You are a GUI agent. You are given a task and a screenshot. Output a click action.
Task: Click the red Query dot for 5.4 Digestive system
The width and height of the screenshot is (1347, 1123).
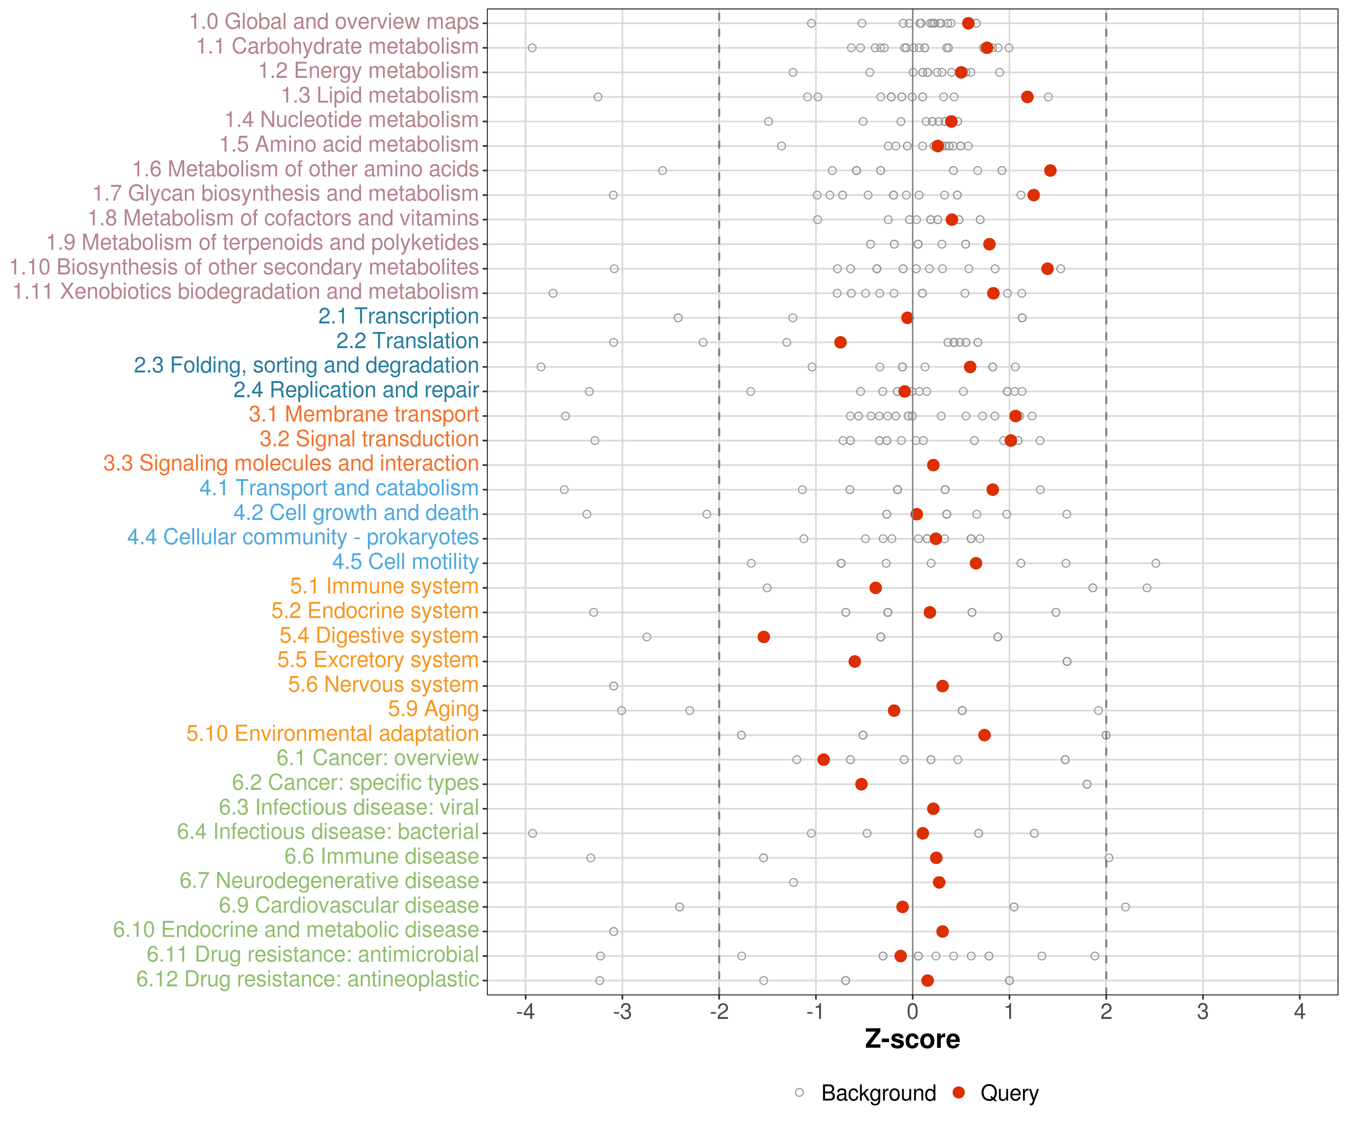(763, 637)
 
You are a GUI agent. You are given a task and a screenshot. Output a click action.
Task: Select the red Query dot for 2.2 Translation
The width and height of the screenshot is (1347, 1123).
(840, 342)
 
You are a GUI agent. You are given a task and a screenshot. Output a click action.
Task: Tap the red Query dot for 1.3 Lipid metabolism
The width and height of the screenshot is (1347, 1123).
(1027, 97)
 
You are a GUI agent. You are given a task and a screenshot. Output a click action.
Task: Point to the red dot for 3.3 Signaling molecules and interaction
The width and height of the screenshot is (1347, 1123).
(933, 465)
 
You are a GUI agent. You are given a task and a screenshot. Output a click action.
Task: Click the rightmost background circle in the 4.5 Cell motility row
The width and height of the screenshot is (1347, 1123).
(1155, 563)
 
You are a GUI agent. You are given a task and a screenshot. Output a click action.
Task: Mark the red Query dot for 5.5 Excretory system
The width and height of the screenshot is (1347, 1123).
(854, 661)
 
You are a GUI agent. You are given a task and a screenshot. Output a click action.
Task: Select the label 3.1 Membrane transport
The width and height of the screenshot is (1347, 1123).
(364, 414)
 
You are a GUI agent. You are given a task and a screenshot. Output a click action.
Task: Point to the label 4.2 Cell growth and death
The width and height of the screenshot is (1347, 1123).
(356, 513)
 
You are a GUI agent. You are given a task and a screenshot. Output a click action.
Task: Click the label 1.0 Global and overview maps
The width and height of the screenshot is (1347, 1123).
(333, 22)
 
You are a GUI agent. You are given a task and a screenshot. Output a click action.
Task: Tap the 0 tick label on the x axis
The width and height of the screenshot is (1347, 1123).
(912, 1012)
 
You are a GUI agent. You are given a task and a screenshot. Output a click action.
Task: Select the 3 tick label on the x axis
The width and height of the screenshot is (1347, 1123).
(1203, 1012)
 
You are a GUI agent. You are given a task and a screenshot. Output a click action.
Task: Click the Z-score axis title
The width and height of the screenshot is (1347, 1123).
(912, 1039)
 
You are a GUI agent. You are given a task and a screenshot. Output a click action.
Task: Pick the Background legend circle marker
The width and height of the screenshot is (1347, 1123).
(799, 1092)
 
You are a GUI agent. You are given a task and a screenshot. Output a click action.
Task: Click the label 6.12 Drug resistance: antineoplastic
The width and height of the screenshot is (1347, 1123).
(307, 979)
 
